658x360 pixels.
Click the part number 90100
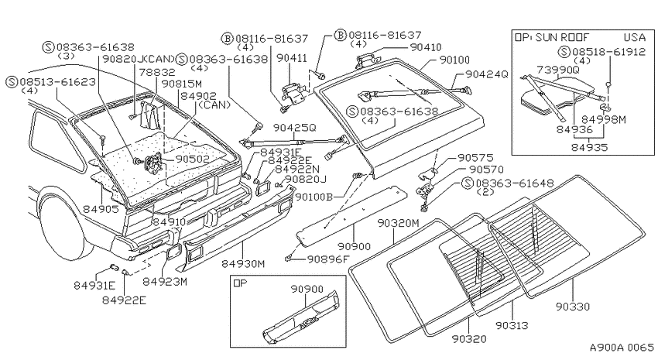[x=454, y=60]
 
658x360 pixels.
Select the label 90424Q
[x=487, y=74]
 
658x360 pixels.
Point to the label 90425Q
[x=295, y=127]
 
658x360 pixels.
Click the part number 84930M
[x=243, y=263]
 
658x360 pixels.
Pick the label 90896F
[x=328, y=259]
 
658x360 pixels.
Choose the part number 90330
[x=573, y=307]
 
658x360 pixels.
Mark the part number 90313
[x=512, y=325]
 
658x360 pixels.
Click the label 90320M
[x=398, y=223]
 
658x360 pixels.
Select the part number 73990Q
[x=558, y=70]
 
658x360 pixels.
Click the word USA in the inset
[x=634, y=37]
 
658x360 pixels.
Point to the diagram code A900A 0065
[x=622, y=348]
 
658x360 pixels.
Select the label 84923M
[x=165, y=281]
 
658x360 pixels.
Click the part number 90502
[x=192, y=159]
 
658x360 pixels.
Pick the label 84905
[x=101, y=208]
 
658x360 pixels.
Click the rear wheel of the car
[x=63, y=228]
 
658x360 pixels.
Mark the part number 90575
[x=475, y=158]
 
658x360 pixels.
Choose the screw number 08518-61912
[x=608, y=52]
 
